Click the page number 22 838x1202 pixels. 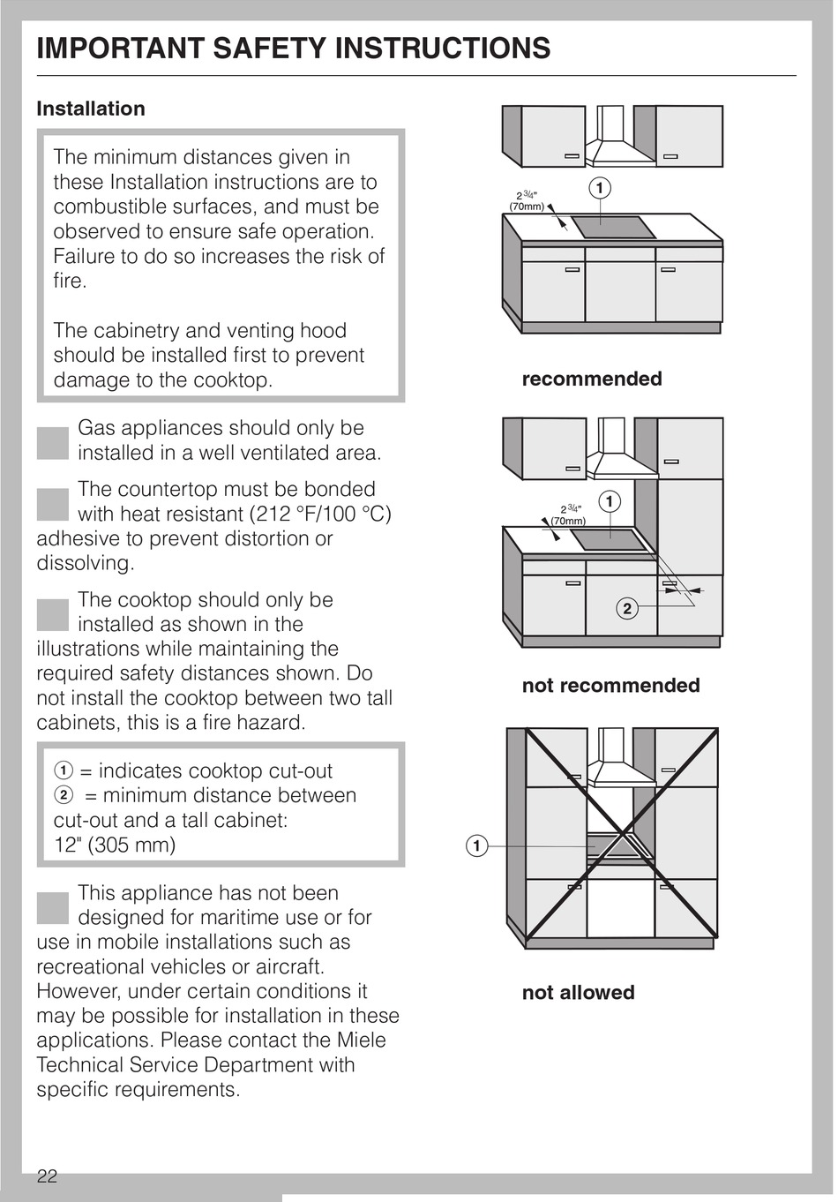(47, 1176)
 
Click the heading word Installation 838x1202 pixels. (91, 109)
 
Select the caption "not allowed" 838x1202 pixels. (578, 992)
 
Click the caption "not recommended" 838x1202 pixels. (610, 685)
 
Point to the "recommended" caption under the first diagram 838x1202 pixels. (591, 379)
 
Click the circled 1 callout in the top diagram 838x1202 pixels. (600, 188)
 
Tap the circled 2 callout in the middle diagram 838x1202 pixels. (627, 608)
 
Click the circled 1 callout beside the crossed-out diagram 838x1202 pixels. (476, 846)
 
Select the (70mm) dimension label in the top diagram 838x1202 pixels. (527, 207)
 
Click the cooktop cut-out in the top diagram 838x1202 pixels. (614, 228)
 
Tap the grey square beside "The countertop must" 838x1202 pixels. (53, 504)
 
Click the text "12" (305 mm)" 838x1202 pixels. (115, 845)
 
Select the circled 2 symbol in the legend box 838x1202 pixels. (62, 795)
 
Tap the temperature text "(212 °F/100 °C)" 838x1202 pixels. (320, 514)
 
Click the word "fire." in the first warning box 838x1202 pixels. (70, 281)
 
